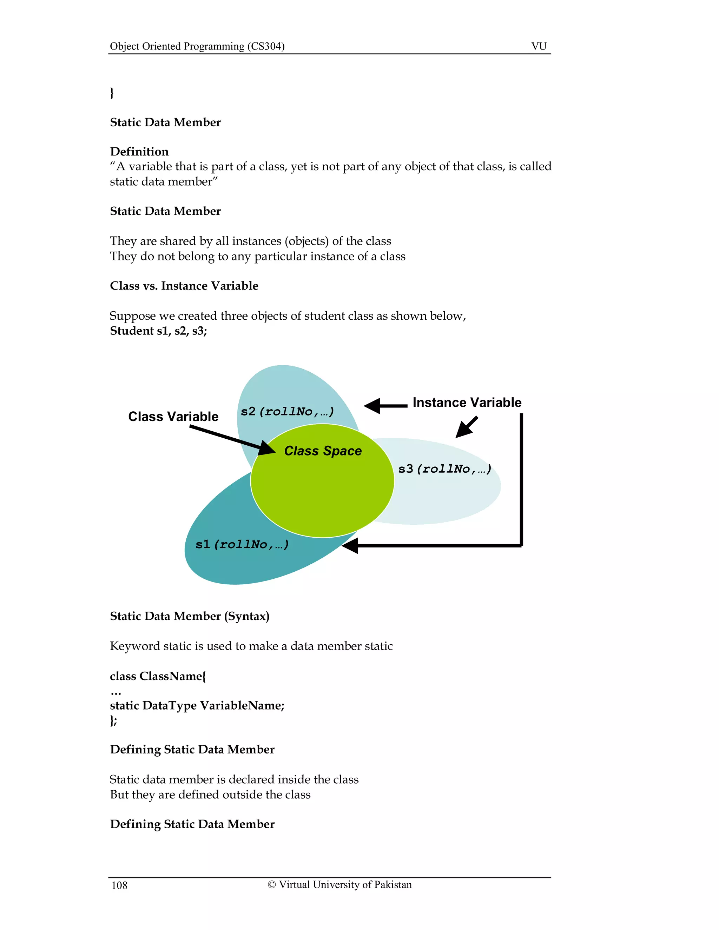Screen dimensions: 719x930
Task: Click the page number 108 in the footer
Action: pyautogui.click(x=119, y=885)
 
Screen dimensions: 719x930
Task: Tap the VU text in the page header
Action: pyautogui.click(x=539, y=46)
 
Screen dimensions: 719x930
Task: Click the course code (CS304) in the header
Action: pyautogui.click(x=266, y=46)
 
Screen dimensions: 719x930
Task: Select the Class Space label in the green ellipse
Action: pyautogui.click(x=323, y=451)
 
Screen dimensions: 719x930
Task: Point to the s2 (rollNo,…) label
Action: pyautogui.click(x=288, y=411)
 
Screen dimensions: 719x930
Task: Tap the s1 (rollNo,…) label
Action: pyautogui.click(x=242, y=544)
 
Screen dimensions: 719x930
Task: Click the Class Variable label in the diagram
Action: pyautogui.click(x=173, y=417)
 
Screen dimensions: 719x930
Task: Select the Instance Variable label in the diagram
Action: pyautogui.click(x=467, y=403)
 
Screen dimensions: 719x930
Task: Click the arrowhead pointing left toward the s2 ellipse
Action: pyautogui.click(x=372, y=406)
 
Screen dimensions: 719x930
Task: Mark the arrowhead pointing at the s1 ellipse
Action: pyautogui.click(x=351, y=545)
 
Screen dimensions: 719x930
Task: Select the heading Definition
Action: pyautogui.click(x=139, y=152)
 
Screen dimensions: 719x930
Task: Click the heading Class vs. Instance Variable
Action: pyautogui.click(x=184, y=286)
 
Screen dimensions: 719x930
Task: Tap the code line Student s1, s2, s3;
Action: pyautogui.click(x=158, y=331)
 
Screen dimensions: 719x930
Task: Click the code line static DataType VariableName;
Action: pyautogui.click(x=197, y=706)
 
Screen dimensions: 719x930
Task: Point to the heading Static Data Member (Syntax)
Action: pyautogui.click(x=190, y=616)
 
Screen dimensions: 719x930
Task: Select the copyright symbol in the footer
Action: pyautogui.click(x=272, y=885)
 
